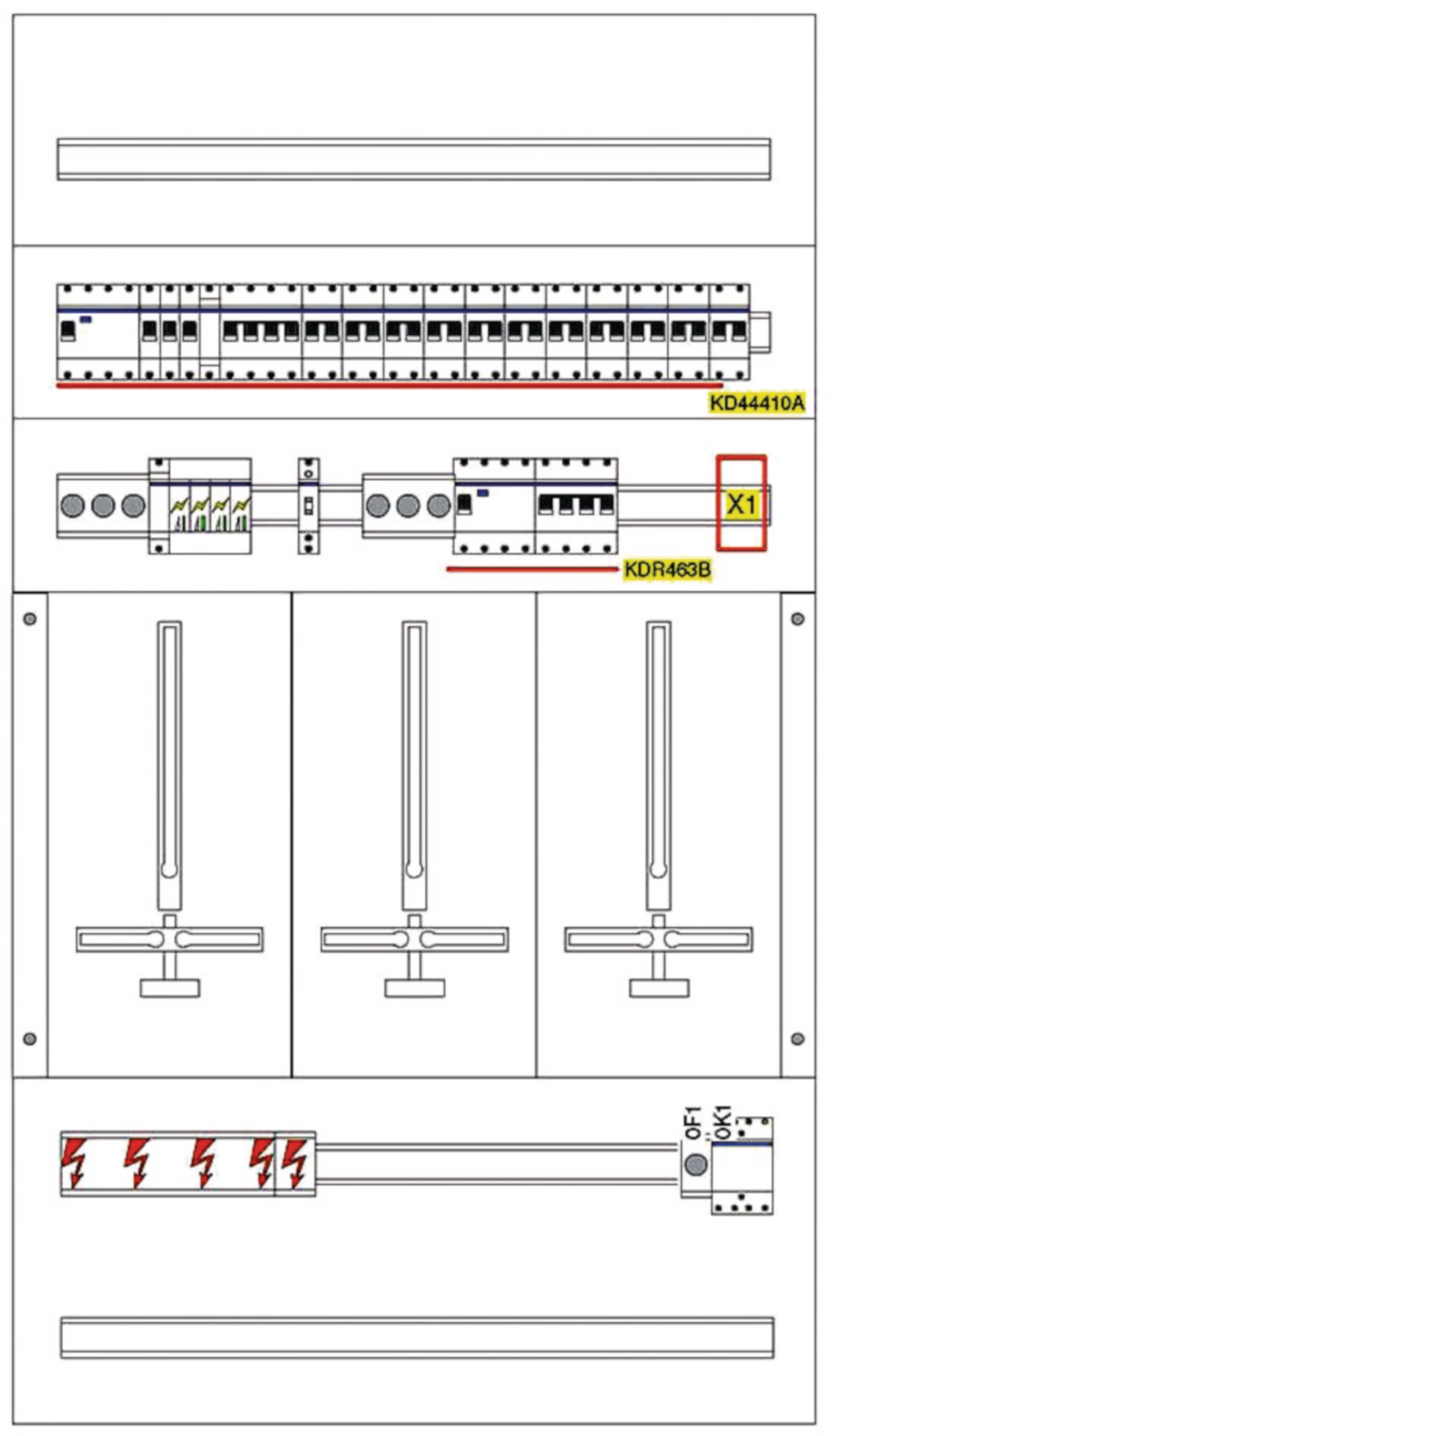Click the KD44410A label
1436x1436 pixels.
pos(756,403)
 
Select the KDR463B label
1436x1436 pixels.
pos(667,570)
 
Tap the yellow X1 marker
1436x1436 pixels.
pos(741,505)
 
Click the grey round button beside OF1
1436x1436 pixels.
pos(695,1165)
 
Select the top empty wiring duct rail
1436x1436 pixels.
pos(414,159)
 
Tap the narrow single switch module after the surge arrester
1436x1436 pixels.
pos(308,505)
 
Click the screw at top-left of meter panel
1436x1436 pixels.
pos(30,618)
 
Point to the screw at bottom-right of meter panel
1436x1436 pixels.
pos(798,1038)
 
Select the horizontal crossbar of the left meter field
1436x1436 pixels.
pos(170,939)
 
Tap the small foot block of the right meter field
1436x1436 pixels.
pos(659,988)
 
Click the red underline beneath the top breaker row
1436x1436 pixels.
pos(389,386)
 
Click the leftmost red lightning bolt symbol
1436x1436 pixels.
pos(74,1163)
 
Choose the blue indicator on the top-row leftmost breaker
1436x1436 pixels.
pos(86,320)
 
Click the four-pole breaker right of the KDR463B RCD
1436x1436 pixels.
pos(576,505)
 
